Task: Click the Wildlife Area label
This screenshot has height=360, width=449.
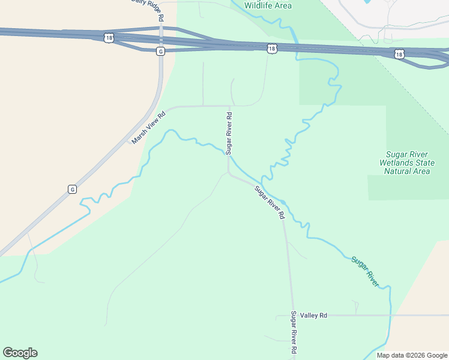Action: coord(268,5)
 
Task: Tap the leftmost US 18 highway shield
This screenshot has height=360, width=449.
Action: coord(108,38)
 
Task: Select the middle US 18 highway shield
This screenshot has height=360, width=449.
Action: coord(273,48)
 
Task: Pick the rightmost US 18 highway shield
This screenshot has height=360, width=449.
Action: coord(400,54)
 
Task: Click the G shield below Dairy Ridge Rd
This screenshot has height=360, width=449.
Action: coord(160,52)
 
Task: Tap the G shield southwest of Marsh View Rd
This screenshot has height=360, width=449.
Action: coord(72,190)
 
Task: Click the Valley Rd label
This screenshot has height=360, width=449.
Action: coord(314,315)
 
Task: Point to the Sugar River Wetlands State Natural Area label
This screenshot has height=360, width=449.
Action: coord(405,163)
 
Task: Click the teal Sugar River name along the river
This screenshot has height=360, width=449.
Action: coord(366,271)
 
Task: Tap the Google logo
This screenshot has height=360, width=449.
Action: coord(20,353)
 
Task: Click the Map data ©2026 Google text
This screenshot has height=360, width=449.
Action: coord(411,355)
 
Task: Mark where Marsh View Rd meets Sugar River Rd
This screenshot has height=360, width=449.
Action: coord(229,106)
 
